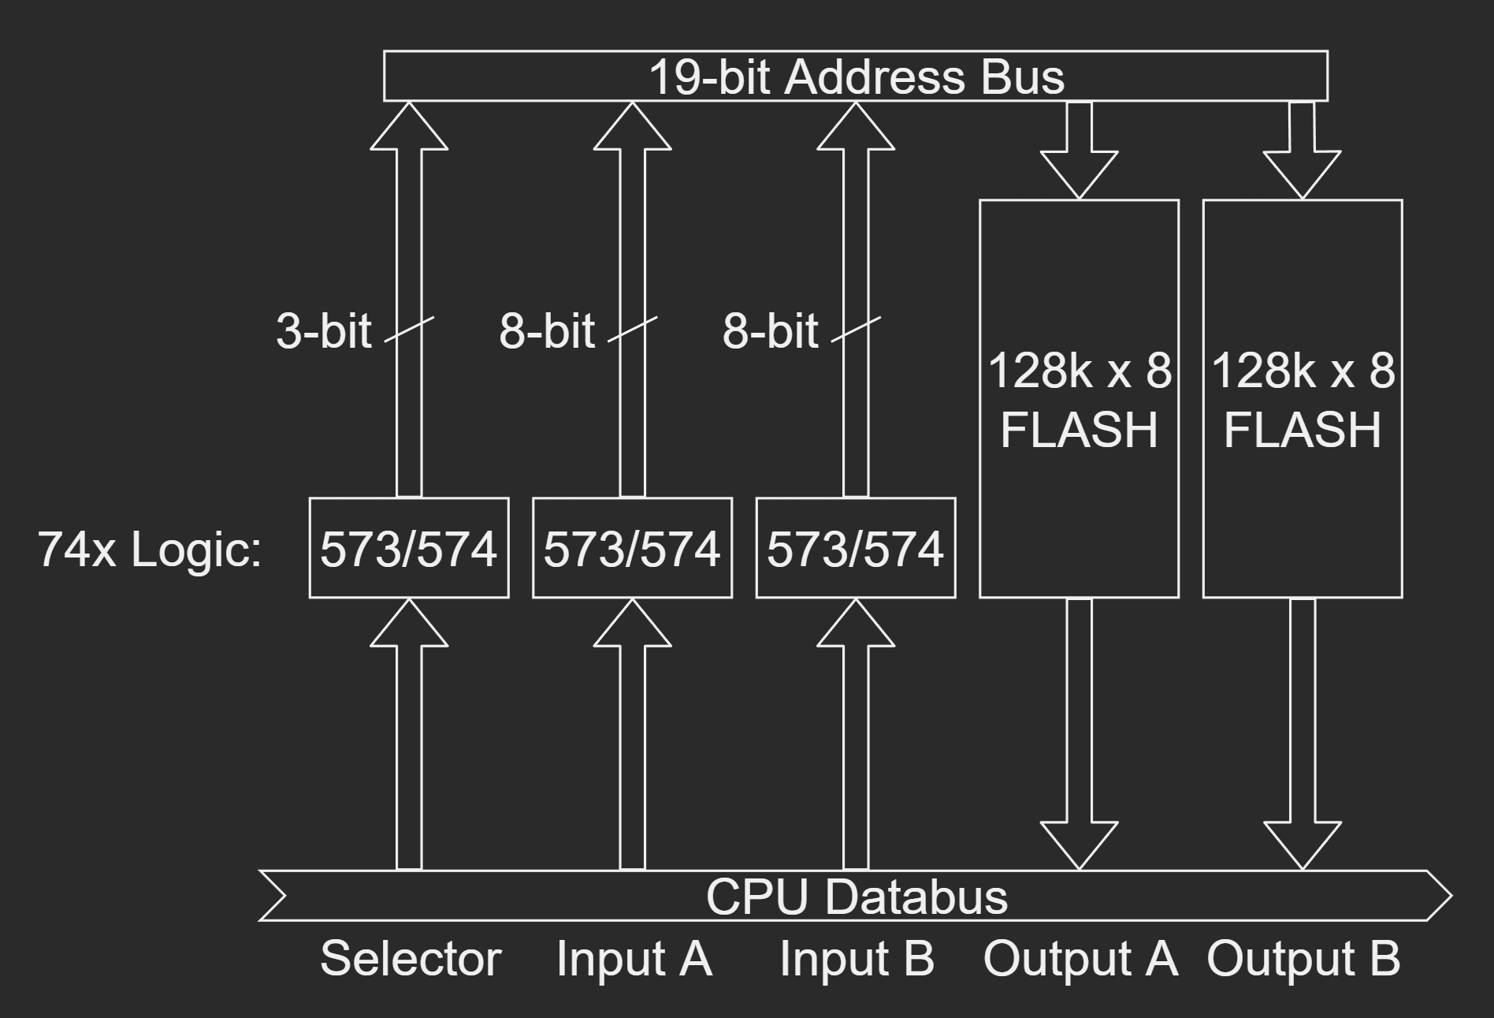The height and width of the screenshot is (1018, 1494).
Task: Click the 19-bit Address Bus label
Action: tap(856, 76)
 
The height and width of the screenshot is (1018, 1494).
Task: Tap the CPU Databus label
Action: tap(857, 897)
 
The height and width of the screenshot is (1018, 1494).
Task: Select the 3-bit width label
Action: tap(323, 330)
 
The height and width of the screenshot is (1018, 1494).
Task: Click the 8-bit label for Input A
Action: tap(546, 330)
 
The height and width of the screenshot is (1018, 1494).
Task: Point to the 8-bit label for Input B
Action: tap(770, 330)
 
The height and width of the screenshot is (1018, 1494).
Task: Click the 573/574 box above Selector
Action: tap(408, 548)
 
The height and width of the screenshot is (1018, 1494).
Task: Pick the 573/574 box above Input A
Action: tap(632, 548)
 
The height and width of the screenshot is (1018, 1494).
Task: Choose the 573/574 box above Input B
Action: tap(856, 548)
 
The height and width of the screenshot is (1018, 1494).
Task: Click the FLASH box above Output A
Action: tap(1079, 399)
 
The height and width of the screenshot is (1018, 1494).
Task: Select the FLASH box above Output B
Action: tap(1303, 399)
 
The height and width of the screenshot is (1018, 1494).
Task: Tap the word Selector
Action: tap(411, 959)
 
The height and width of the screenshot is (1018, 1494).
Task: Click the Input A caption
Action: tap(634, 959)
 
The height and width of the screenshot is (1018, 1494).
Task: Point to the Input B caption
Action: tap(857, 959)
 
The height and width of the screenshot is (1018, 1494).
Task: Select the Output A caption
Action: tap(1080, 959)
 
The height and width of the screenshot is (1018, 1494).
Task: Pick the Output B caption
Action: tap(1303, 959)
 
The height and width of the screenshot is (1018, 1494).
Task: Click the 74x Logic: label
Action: tap(150, 549)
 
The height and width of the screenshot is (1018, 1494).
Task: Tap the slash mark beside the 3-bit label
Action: tap(409, 330)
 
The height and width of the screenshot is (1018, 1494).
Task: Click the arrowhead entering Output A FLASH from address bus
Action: tap(1079, 173)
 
